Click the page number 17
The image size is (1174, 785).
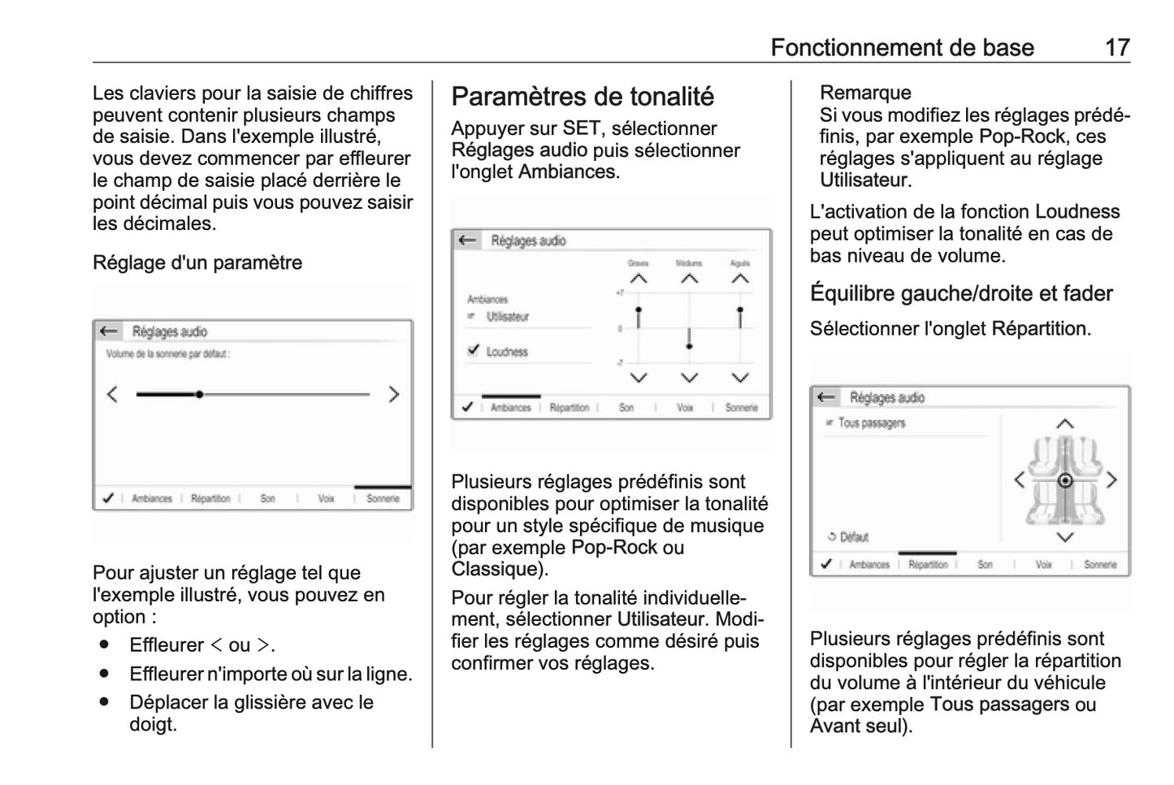point(1116,47)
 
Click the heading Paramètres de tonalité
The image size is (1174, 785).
point(583,97)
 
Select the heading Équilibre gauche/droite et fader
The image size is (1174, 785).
point(961,293)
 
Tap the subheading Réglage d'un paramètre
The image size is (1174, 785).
point(197,262)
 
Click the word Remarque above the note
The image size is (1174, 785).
point(865,93)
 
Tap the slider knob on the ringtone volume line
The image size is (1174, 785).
point(199,394)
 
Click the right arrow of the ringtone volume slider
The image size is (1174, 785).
point(394,394)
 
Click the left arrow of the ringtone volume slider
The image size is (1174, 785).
point(112,394)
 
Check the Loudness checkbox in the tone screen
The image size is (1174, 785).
point(474,351)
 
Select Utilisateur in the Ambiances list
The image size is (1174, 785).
point(507,317)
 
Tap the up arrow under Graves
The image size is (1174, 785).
point(639,279)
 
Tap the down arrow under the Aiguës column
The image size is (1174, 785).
point(739,378)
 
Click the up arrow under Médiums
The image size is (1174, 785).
point(689,279)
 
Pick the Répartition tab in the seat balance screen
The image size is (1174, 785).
point(928,564)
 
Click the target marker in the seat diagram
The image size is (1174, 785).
point(1064,480)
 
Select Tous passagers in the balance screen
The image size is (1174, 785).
point(871,423)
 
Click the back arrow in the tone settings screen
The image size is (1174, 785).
point(466,241)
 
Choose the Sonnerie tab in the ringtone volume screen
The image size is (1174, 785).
point(383,498)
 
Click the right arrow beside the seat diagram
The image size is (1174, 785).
point(1111,480)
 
